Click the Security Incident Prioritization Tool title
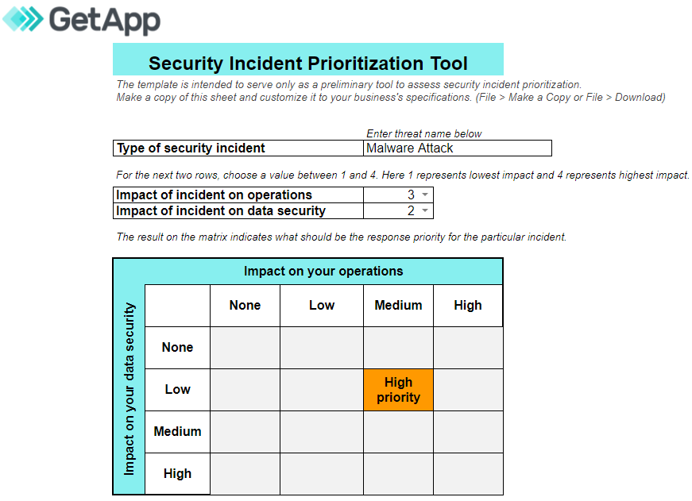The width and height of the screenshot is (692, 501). (308, 64)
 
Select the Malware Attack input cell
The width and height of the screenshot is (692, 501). (457, 148)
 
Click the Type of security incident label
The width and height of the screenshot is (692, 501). (191, 148)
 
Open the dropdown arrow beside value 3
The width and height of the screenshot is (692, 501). (425, 195)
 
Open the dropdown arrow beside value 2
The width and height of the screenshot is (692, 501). (425, 211)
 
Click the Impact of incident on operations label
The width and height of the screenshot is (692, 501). (214, 195)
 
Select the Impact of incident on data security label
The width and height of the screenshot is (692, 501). (221, 211)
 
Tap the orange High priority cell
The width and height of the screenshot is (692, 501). (398, 390)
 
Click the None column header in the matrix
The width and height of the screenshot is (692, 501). (245, 306)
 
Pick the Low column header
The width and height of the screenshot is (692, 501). (322, 306)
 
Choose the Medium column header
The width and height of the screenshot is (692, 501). (398, 306)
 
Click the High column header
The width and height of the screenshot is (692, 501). (468, 306)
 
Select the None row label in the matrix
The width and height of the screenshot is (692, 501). (177, 348)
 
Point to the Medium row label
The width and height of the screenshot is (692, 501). (177, 432)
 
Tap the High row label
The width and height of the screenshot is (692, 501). (177, 474)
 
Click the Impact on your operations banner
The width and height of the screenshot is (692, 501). (323, 272)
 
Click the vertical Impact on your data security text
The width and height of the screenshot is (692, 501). (130, 389)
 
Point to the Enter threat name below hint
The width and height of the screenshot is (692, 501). (424, 133)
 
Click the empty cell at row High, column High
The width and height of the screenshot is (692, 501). (468, 474)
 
